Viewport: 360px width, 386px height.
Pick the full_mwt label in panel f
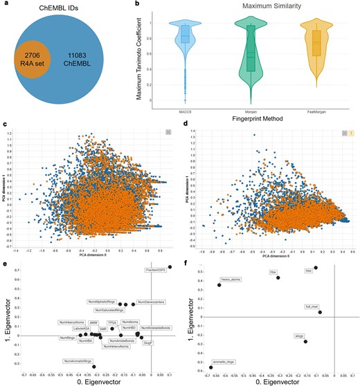[x=312, y=305]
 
